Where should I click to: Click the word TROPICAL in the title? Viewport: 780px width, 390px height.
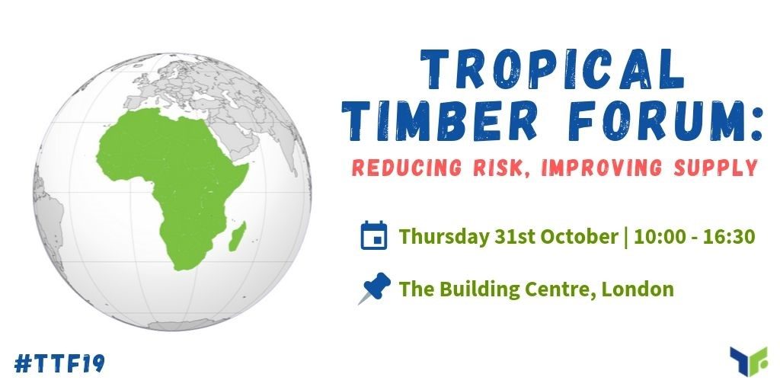click(553, 69)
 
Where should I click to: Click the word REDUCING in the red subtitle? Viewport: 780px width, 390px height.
click(406, 168)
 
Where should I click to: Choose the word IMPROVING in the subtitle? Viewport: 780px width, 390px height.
click(602, 168)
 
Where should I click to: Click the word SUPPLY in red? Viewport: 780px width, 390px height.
click(715, 168)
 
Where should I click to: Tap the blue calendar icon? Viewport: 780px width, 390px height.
click(373, 235)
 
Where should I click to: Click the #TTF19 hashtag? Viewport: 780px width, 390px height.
click(59, 363)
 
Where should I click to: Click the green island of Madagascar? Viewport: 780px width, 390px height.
click(238, 236)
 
